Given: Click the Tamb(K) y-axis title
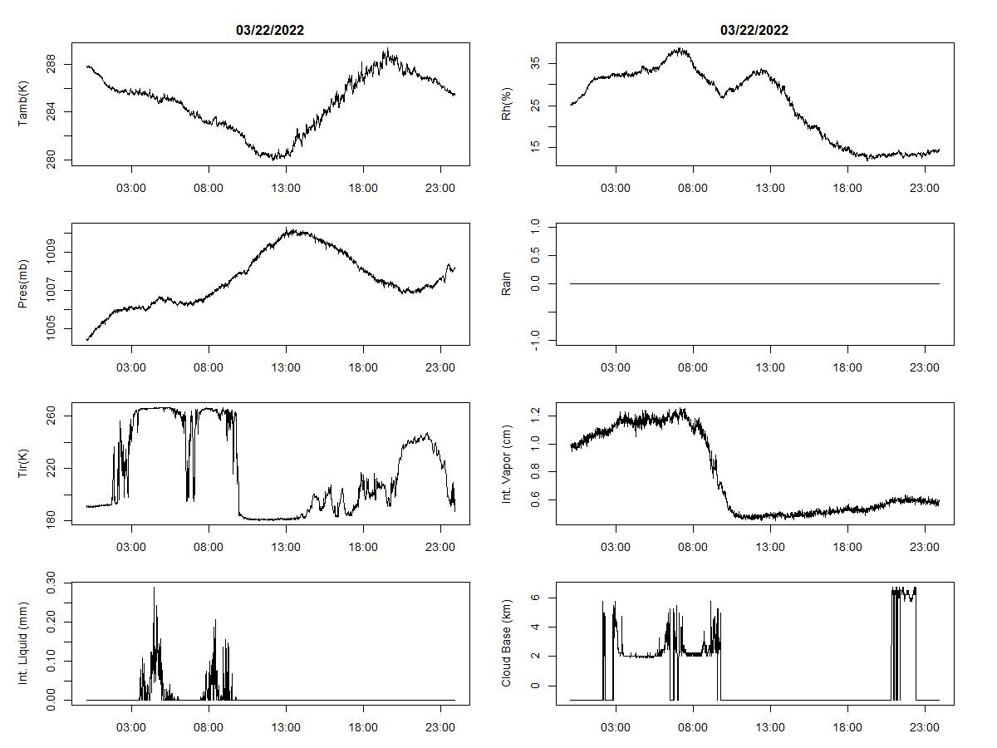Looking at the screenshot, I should coord(24,105).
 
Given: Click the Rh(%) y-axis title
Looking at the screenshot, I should coord(507,105).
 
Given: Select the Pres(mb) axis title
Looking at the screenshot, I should coord(24,284).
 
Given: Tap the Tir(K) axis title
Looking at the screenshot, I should coord(24,463).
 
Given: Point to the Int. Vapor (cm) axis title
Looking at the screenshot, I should coord(507,463).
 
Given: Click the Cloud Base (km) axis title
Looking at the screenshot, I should coord(507,643).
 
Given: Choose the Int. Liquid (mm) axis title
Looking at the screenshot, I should coord(24,643).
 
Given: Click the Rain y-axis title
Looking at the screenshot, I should coord(507,284).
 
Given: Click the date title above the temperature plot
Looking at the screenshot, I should coord(270,31).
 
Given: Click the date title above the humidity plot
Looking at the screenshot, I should coord(754,31).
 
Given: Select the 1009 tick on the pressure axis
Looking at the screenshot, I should coord(52,252).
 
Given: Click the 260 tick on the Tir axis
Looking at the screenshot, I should coord(52,415).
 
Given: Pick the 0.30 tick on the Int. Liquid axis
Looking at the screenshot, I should coord(52,584).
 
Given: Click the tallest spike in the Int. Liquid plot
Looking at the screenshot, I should coord(154,588).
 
